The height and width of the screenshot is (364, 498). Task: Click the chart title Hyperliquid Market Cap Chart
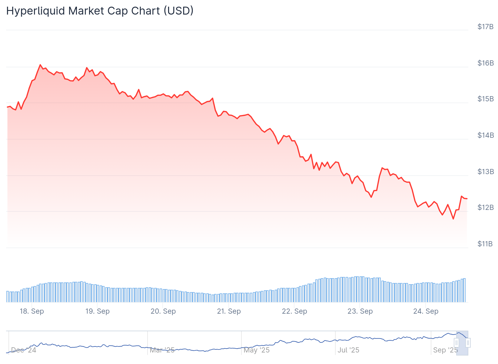tap(100, 11)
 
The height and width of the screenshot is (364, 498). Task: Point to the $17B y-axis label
tap(485, 27)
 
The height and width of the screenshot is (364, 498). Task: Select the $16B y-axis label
tap(485, 63)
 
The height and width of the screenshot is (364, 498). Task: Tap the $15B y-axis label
tap(485, 99)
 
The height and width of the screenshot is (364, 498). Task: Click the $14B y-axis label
tap(485, 135)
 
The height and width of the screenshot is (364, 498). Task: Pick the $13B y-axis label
tap(485, 172)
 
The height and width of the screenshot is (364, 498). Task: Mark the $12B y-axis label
tap(485, 207)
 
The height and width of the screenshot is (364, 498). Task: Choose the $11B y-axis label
tap(485, 244)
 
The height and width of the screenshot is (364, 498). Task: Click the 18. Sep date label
tap(32, 311)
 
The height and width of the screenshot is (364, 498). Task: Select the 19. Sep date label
tap(97, 311)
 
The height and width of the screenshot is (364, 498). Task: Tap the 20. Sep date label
tap(163, 311)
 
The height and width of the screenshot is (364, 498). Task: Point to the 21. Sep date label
tap(229, 311)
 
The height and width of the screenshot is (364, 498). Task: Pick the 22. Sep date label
tap(294, 311)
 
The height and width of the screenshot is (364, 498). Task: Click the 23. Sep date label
tap(360, 311)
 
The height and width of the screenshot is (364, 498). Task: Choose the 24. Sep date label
tap(426, 311)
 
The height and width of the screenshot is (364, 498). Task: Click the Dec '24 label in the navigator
tap(24, 350)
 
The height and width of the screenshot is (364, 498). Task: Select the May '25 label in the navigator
tap(257, 350)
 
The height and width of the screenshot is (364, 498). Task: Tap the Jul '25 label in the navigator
tap(348, 350)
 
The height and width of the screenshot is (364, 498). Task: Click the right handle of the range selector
tap(468, 343)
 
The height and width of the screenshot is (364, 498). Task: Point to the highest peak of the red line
tap(40, 65)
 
